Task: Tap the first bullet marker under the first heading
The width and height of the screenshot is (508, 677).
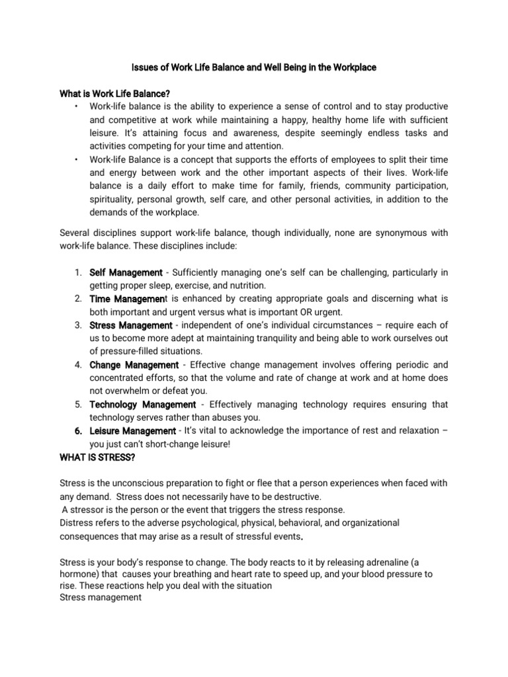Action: point(77,106)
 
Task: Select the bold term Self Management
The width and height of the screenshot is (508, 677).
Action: point(126,272)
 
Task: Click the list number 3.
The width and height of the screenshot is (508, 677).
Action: point(77,325)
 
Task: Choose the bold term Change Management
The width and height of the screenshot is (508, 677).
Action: point(134,365)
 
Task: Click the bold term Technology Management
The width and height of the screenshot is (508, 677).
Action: point(142,405)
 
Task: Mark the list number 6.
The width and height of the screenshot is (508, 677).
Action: point(77,431)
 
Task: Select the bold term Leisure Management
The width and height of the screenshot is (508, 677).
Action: point(132,431)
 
